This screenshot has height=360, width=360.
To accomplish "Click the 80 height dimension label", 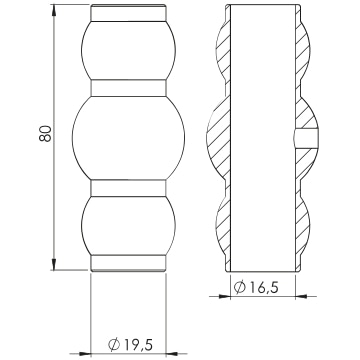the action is tap(45, 133).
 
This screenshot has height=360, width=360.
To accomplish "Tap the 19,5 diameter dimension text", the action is tap(138, 344).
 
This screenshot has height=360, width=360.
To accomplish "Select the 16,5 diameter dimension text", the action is tap(264, 287).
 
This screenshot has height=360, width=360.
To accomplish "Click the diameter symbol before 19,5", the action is tap(114, 344).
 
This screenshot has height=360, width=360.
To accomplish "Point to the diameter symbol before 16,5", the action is tap(240, 287).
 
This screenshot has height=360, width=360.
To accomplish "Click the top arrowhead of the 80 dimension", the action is tap(54, 11).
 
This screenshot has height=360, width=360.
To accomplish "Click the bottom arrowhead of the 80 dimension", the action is tap(54, 264).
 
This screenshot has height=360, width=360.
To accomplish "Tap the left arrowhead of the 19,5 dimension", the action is tap(85, 354).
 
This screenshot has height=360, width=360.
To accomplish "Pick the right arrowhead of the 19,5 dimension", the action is tap(172, 354).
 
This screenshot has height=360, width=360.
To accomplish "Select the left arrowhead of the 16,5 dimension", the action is tap(224, 296).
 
